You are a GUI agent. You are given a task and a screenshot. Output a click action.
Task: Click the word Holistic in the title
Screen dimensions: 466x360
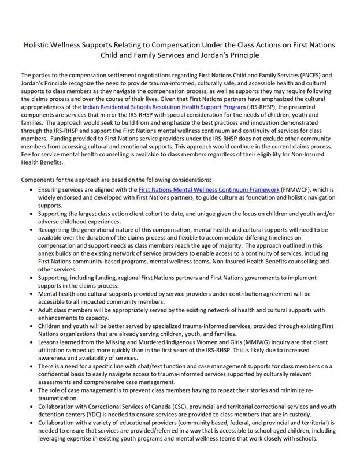36,44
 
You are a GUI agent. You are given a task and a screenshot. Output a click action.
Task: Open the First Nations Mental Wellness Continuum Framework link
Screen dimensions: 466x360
209,189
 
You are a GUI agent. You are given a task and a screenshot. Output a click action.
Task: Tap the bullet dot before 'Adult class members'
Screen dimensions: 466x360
31,310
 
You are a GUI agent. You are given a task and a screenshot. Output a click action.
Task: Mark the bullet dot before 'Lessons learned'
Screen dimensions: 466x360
31,342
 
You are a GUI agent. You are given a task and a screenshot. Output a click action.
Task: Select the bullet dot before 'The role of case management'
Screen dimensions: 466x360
31,390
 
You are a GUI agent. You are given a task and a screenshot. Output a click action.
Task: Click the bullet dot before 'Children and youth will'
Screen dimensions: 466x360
31,326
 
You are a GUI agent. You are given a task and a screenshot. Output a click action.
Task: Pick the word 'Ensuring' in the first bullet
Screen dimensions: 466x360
51,189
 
